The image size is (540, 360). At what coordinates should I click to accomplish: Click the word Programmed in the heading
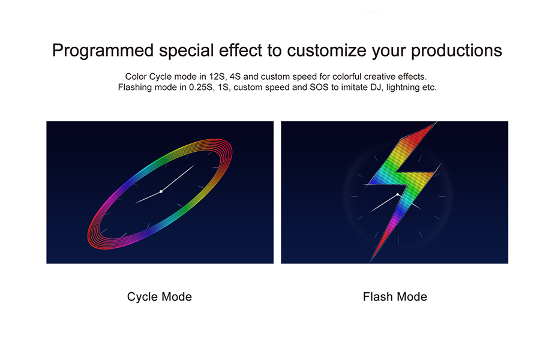point(103,51)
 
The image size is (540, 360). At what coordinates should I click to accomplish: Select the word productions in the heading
point(457,51)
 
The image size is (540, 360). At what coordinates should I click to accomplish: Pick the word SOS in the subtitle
point(319,87)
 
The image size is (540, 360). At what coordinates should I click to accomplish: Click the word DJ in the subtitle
point(376,87)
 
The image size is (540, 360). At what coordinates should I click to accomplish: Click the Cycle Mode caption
point(160,296)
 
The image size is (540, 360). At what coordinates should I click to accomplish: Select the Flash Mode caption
point(395,296)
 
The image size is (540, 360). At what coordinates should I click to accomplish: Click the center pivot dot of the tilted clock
point(161,191)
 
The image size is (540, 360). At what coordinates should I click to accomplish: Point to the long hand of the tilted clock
point(178,178)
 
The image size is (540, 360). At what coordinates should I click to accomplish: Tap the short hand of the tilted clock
point(148,197)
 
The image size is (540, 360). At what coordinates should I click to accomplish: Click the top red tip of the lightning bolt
point(436,122)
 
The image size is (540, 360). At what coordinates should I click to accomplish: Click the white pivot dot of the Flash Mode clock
point(398,194)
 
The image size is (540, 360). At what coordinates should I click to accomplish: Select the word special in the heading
point(187,51)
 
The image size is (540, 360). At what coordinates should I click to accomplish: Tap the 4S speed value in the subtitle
point(235,77)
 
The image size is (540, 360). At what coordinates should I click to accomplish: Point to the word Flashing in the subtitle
point(134,88)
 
